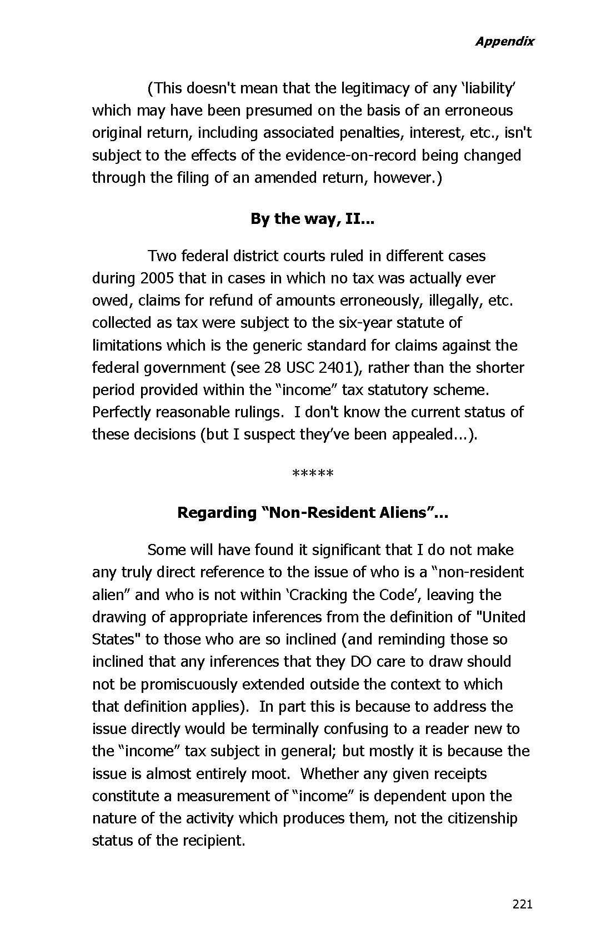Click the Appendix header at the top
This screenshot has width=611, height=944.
pos(504,41)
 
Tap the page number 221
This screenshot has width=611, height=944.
pos(522,904)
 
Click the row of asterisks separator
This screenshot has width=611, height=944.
pos(312,474)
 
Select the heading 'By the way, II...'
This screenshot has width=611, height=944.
pos(312,219)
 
